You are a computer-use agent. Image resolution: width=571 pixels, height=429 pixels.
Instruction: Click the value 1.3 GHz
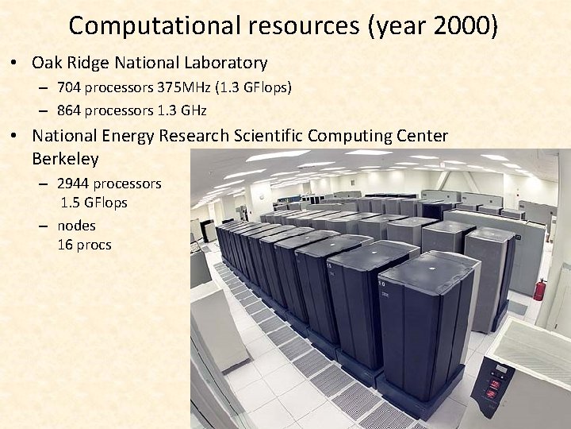[190, 109]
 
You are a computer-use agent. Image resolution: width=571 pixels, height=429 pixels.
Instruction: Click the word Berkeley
[66, 158]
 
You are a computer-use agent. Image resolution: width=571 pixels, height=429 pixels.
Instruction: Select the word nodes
[76, 225]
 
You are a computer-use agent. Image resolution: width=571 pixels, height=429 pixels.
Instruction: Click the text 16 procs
[84, 245]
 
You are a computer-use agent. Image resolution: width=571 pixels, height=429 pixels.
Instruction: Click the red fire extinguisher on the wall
[539, 289]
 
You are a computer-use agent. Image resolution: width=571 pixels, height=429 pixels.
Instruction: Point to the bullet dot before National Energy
[16, 137]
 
